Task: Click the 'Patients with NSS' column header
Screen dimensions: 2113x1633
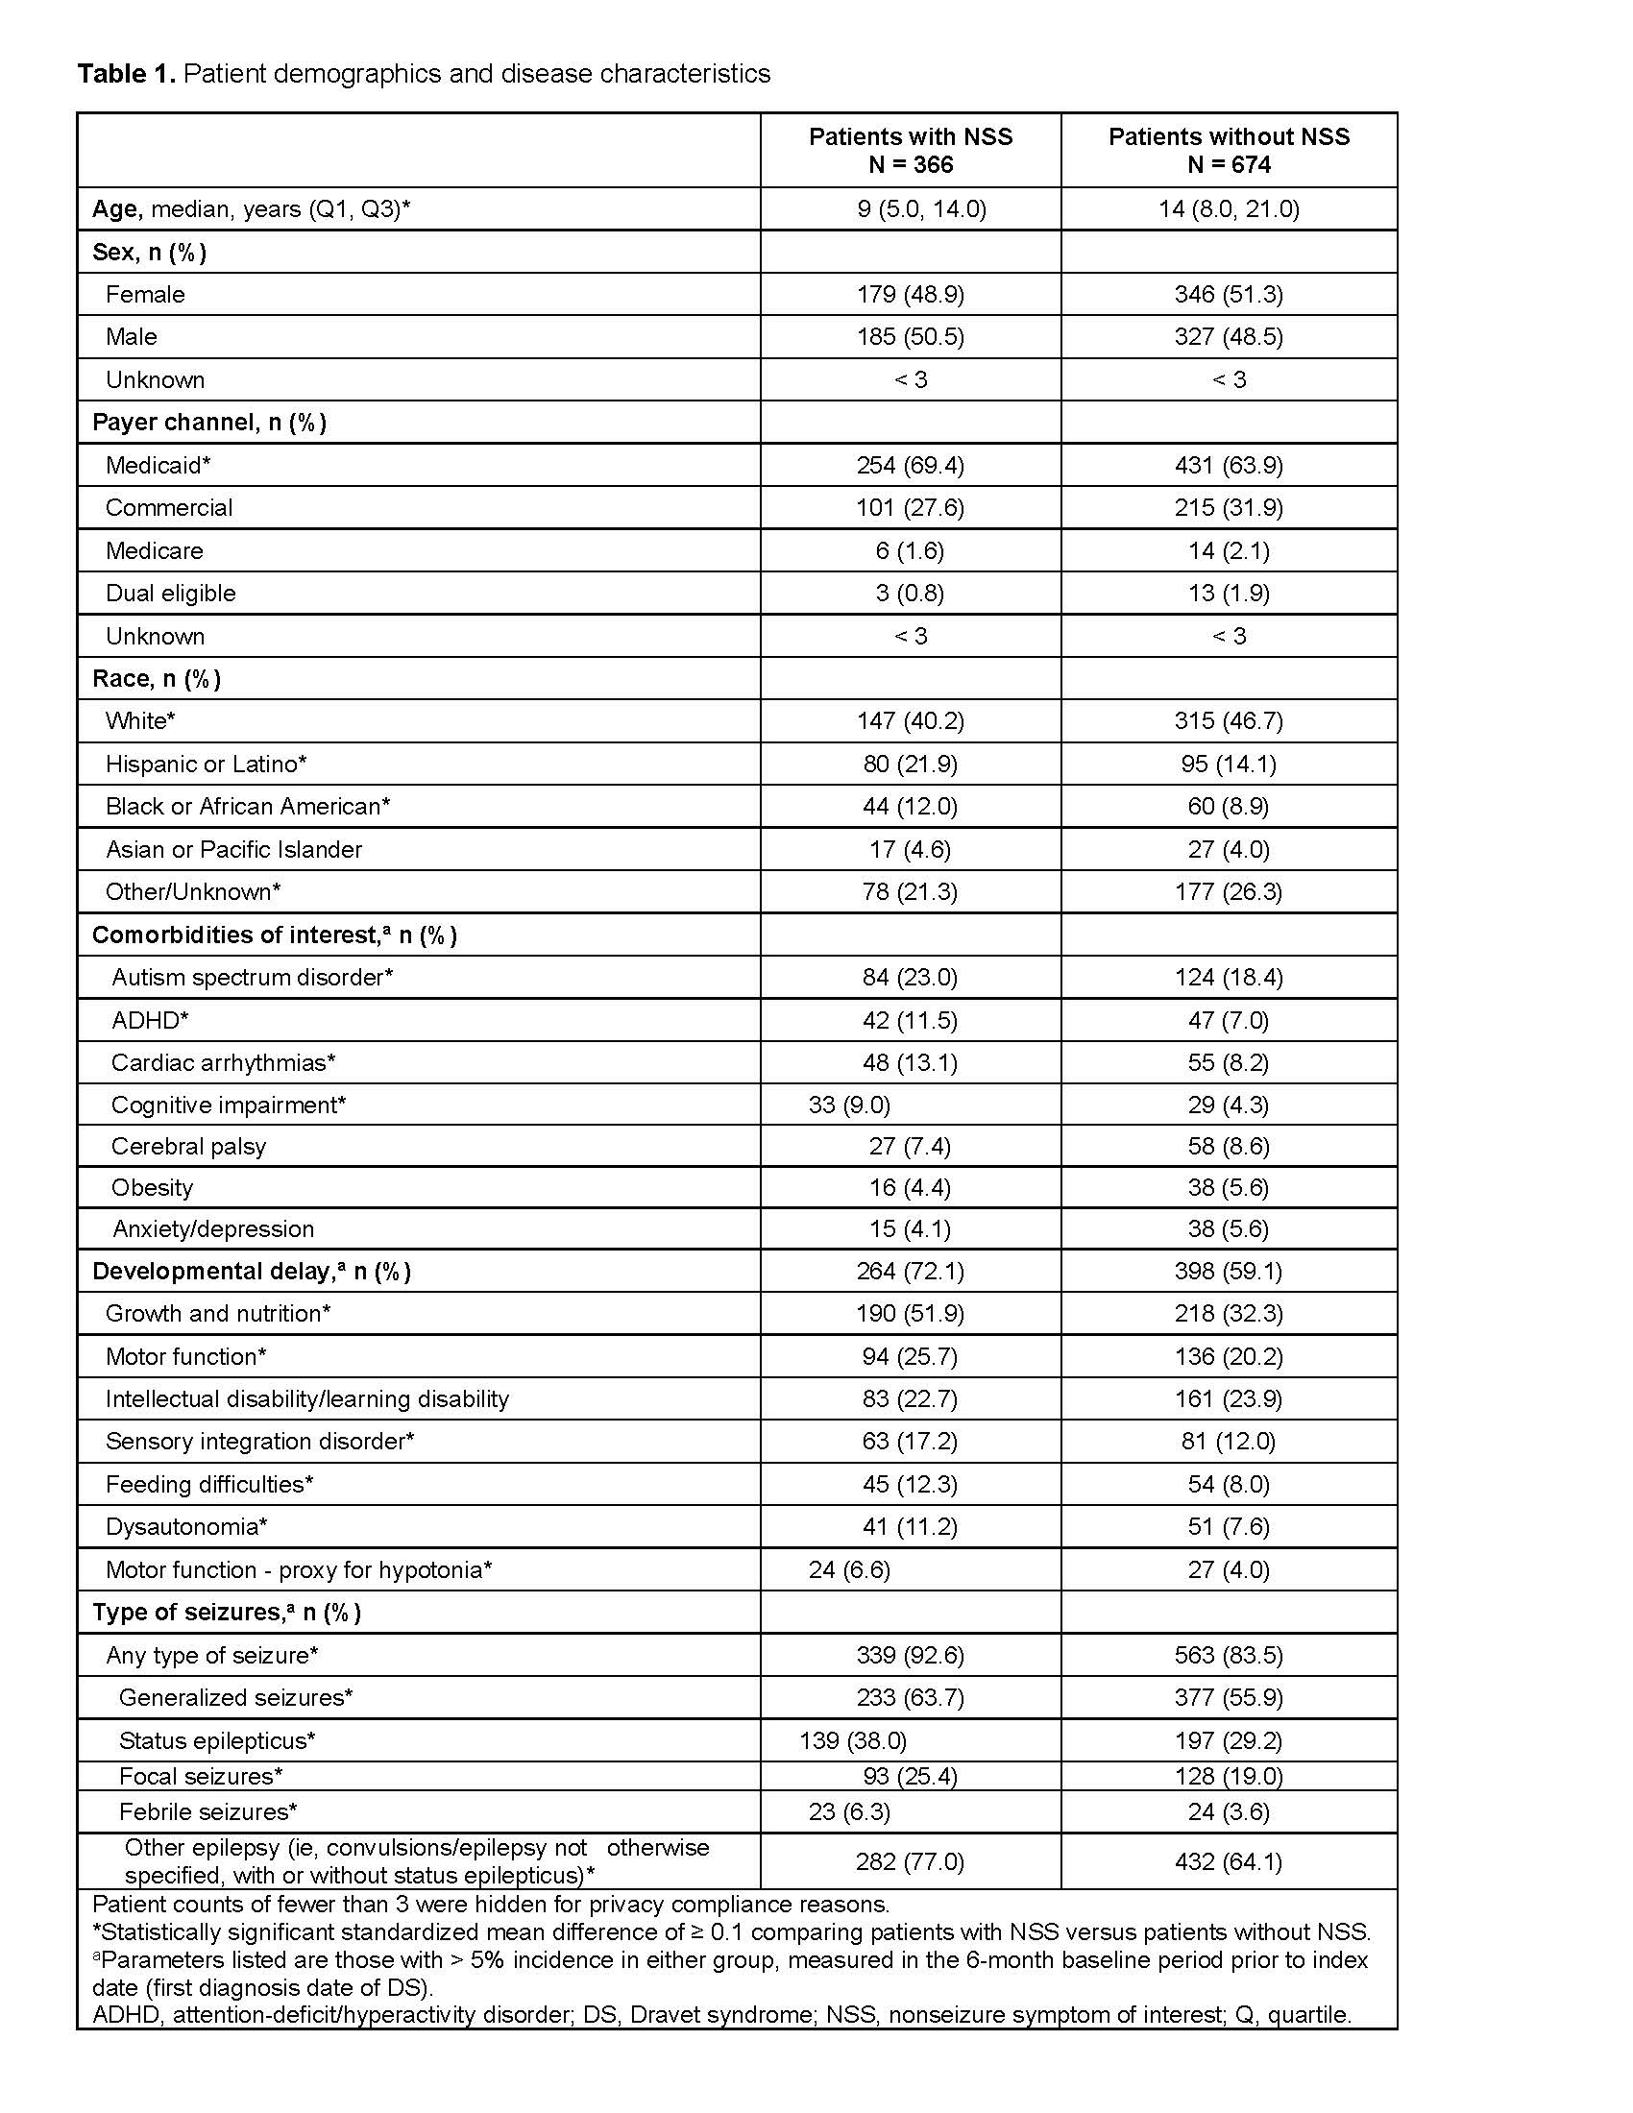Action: pos(910,150)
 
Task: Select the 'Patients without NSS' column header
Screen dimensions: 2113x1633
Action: pos(1229,150)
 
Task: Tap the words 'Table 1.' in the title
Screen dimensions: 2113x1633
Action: pos(126,74)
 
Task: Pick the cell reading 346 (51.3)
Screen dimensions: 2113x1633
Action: pos(1229,294)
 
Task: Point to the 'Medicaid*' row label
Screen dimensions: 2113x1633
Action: pos(158,466)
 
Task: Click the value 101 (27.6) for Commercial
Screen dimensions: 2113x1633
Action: pos(910,508)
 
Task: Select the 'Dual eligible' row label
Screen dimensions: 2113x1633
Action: pos(170,593)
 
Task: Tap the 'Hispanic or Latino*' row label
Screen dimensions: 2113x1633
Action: pos(207,765)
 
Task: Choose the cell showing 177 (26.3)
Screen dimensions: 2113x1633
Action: pos(1229,892)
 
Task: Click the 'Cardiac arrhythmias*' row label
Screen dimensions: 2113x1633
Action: pos(224,1063)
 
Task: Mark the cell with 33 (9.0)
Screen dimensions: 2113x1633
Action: pos(849,1105)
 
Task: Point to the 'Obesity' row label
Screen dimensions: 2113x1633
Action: pos(152,1188)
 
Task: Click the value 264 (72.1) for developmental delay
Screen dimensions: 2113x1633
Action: pos(910,1272)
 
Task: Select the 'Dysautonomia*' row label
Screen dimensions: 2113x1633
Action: pos(186,1527)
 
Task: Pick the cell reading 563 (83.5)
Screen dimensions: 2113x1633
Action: pos(1229,1656)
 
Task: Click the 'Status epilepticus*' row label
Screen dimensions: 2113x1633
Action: pos(218,1741)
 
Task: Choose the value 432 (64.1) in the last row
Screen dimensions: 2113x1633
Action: pos(1229,1861)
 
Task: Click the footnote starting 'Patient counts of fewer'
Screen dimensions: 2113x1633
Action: pos(491,1905)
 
